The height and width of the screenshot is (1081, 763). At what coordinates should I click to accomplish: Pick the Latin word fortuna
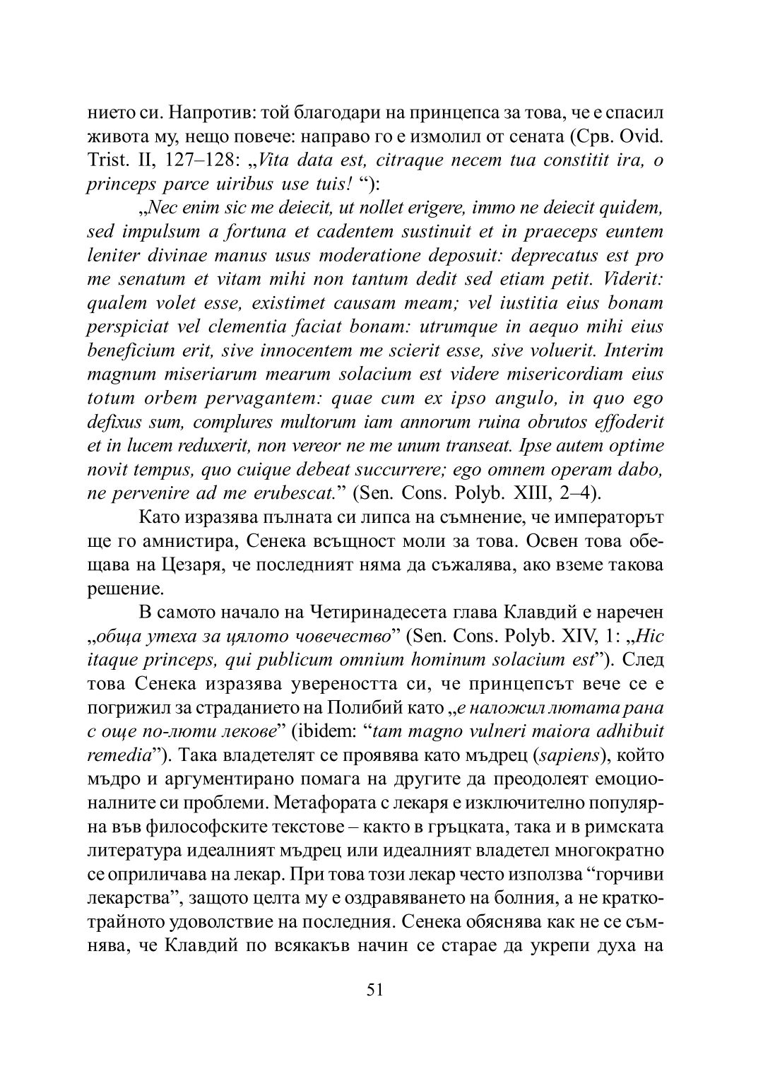coord(267,232)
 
